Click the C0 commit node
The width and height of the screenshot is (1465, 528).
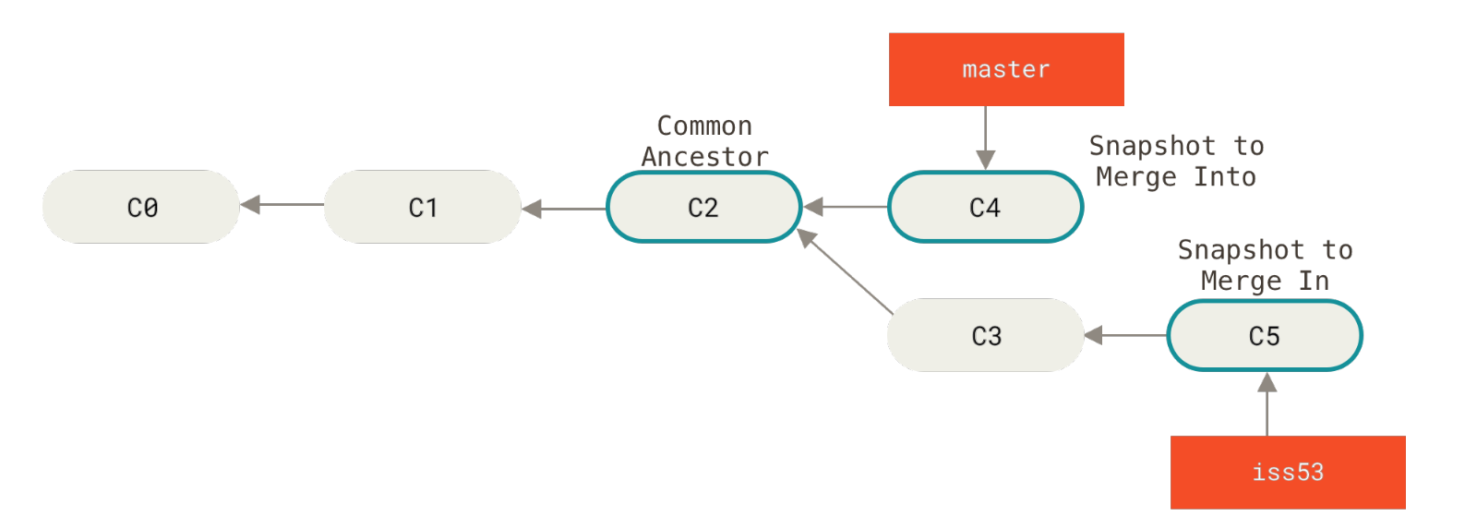[141, 207]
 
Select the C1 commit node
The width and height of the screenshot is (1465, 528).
[423, 207]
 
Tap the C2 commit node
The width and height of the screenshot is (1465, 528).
[703, 207]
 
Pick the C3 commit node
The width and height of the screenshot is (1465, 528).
[986, 335]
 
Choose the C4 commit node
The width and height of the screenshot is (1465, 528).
[985, 207]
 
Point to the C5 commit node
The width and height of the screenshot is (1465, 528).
[1265, 335]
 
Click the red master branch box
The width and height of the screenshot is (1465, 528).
[1006, 69]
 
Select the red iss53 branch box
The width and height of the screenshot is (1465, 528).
[1288, 472]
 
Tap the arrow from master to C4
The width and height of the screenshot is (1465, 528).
[985, 138]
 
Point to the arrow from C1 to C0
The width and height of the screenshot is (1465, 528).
[282, 204]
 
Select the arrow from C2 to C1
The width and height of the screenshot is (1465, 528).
[563, 209]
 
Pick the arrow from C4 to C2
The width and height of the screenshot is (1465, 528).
[845, 207]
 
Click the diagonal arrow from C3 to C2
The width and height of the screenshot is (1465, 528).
[846, 272]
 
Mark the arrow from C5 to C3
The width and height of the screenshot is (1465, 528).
[1125, 335]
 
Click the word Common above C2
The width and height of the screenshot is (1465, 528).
[704, 126]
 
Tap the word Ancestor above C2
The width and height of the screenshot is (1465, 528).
[704, 157]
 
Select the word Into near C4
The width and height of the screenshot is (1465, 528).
[1224, 176]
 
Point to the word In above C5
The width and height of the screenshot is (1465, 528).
[1314, 281]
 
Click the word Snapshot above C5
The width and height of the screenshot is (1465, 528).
[1241, 250]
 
